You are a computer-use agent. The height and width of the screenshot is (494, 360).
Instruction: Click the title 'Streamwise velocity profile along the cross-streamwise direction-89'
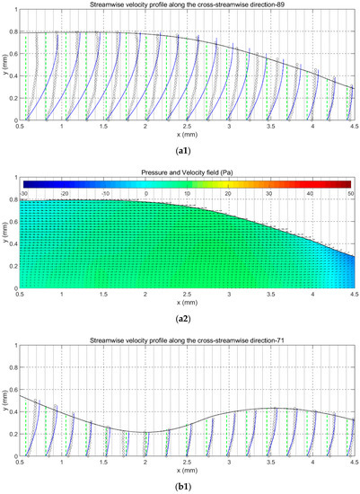coord(188,4)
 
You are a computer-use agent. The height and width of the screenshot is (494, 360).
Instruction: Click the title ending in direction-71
coord(188,341)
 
